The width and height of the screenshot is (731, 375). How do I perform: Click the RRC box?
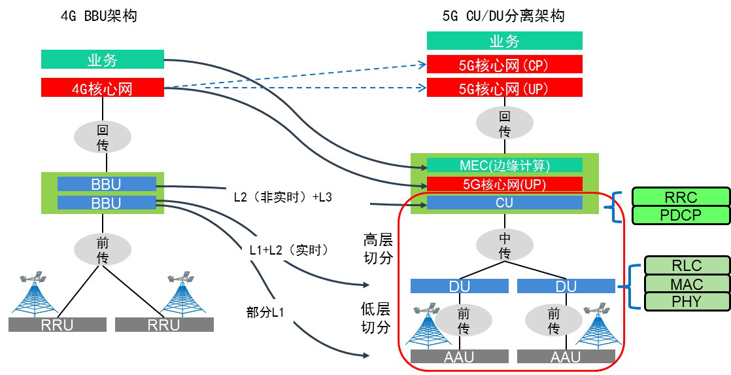[x=681, y=196]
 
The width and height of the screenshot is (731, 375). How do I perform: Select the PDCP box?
[x=681, y=215]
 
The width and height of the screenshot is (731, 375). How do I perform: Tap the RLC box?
[x=687, y=266]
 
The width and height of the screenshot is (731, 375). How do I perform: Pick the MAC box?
[x=687, y=283]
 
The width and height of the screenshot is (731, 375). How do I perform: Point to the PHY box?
[x=687, y=302]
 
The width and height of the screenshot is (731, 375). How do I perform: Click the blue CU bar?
[x=504, y=202]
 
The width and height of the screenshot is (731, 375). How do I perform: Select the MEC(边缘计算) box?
[x=504, y=165]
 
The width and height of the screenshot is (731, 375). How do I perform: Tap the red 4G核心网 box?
[x=103, y=88]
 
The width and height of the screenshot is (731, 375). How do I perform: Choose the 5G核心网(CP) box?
[x=504, y=64]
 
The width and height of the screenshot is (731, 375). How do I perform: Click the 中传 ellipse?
[x=505, y=246]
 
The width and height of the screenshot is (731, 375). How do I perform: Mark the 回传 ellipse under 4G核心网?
[x=103, y=137]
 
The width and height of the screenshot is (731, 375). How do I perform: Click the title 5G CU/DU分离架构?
[x=503, y=16]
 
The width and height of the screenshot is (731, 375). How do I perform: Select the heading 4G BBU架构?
[x=99, y=16]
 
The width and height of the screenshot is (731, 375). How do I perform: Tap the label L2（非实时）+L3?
[x=283, y=197]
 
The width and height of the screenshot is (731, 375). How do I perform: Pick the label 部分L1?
[x=265, y=312]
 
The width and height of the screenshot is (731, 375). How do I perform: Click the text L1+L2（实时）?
[x=290, y=251]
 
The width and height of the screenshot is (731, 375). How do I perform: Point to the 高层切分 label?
[x=378, y=249]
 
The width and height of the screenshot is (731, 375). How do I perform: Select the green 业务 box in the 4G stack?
[x=103, y=60]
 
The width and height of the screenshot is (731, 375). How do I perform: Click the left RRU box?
[x=58, y=325]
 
